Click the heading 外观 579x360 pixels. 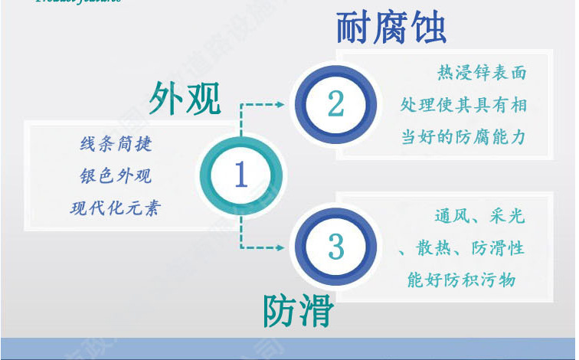[185, 99]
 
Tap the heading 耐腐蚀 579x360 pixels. [391, 28]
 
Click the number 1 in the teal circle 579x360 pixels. [240, 175]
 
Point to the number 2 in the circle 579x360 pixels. [335, 103]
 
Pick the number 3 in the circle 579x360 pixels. [335, 247]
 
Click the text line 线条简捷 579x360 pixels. [116, 144]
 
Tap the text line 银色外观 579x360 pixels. [116, 176]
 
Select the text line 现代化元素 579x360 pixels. [116, 208]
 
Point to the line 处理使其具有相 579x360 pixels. [463, 105]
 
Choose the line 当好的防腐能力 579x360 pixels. [463, 137]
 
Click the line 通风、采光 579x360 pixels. [479, 217]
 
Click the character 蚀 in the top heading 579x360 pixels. [428, 28]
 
